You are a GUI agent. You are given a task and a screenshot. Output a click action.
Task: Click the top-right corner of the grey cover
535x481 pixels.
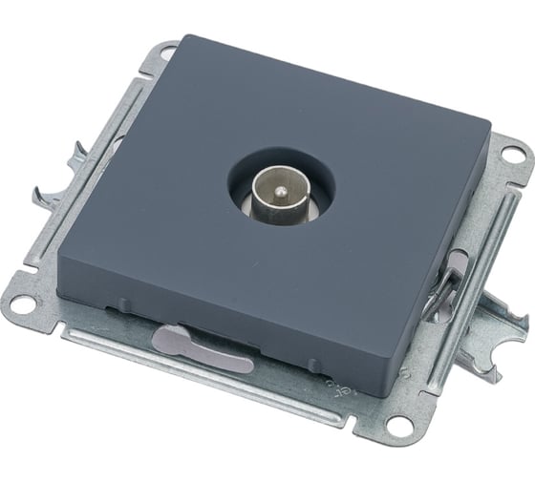(x=489, y=129)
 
